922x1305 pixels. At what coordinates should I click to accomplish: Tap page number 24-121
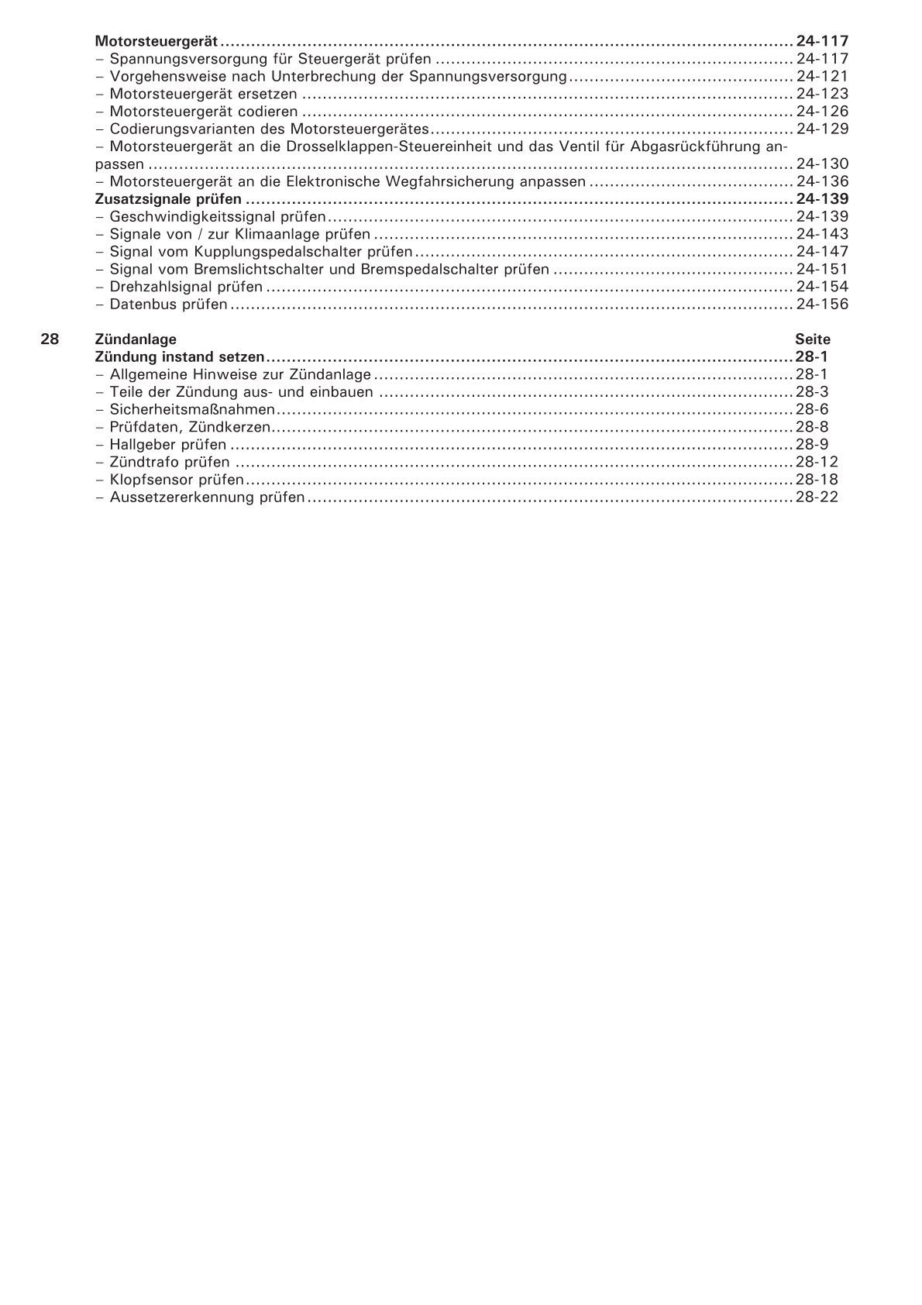tap(822, 76)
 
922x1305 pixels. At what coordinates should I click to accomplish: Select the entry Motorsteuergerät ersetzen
tap(203, 94)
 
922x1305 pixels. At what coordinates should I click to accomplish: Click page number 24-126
tap(822, 112)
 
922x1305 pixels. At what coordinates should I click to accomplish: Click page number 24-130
tap(822, 164)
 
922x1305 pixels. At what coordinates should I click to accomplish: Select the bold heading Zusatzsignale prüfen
tap(168, 199)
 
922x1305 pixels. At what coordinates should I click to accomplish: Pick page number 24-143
tap(822, 234)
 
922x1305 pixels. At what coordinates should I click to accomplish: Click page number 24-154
tap(822, 287)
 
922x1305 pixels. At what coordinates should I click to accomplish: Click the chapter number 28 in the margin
tap(50, 339)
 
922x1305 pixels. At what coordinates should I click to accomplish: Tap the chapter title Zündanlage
tap(136, 339)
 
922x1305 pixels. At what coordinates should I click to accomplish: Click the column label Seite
tap(813, 339)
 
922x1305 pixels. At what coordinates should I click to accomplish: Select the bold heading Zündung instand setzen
tap(180, 357)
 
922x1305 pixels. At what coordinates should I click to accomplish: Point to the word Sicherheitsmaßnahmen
tap(192, 410)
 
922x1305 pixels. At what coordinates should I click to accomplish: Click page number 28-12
tap(817, 463)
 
